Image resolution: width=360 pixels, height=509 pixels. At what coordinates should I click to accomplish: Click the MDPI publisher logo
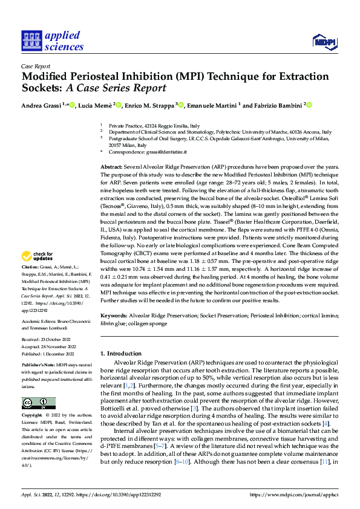click(x=323, y=41)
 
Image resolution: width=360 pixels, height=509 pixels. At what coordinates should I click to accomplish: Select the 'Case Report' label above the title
click(x=36, y=66)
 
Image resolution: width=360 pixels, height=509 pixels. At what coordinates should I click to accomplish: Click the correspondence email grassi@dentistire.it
click(x=160, y=154)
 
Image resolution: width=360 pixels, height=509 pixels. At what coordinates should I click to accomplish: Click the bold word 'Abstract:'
click(x=113, y=166)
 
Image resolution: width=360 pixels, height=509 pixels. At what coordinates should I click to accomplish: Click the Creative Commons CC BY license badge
click(x=38, y=403)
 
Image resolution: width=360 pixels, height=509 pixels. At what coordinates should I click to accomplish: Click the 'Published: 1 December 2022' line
click(x=51, y=352)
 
